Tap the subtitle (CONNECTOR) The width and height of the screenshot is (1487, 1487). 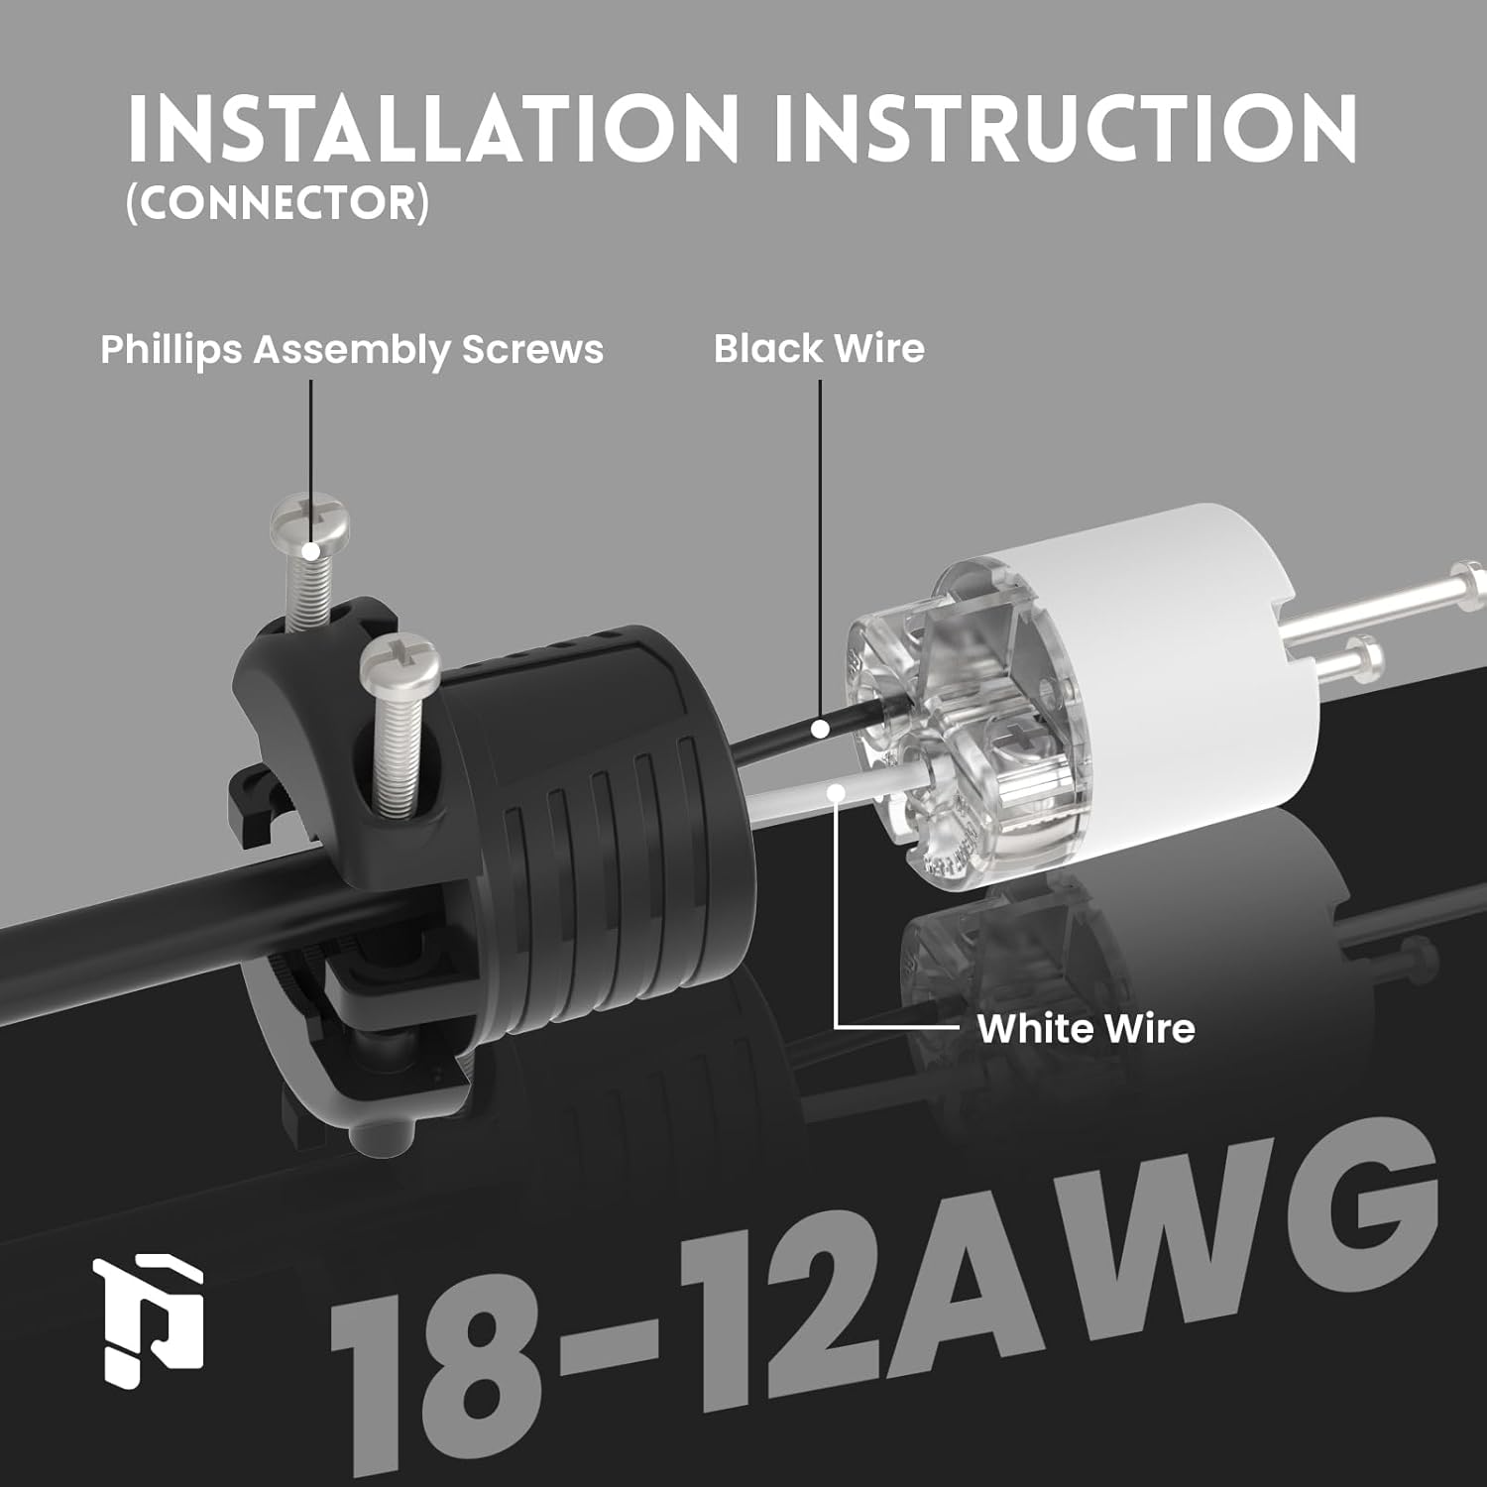[x=278, y=203]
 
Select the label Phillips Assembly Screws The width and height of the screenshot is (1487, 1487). [x=352, y=350]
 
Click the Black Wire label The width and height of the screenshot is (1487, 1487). [x=819, y=349]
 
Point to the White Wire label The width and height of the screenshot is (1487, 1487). [x=1086, y=1028]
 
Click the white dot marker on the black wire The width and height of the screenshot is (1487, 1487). [x=820, y=730]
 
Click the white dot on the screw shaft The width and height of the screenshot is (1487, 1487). [x=311, y=551]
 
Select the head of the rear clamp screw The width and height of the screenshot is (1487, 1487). [x=309, y=522]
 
